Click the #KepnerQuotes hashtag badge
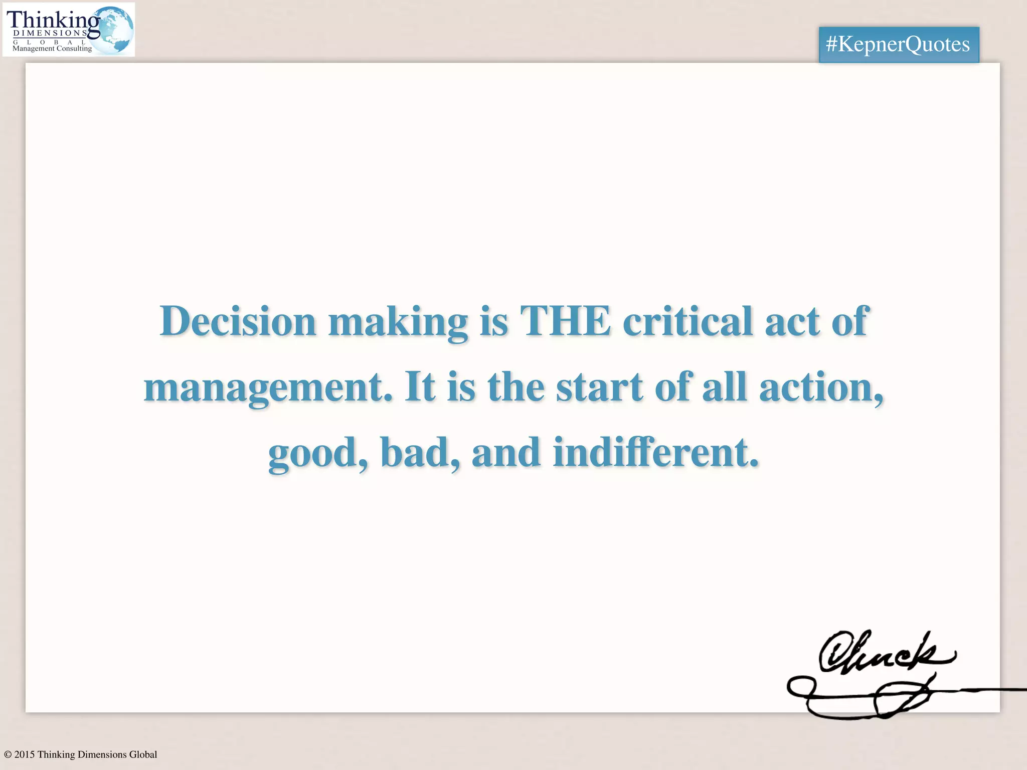point(898,45)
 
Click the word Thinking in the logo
point(53,20)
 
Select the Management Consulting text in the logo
point(52,49)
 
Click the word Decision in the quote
point(238,321)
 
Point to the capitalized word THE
point(565,321)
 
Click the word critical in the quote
point(688,321)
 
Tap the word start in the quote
point(599,388)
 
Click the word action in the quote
point(820,388)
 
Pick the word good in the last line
point(317,453)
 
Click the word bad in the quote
point(419,453)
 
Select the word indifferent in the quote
point(655,453)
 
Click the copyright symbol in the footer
point(8,754)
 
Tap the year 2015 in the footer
point(25,754)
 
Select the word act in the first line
point(792,321)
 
